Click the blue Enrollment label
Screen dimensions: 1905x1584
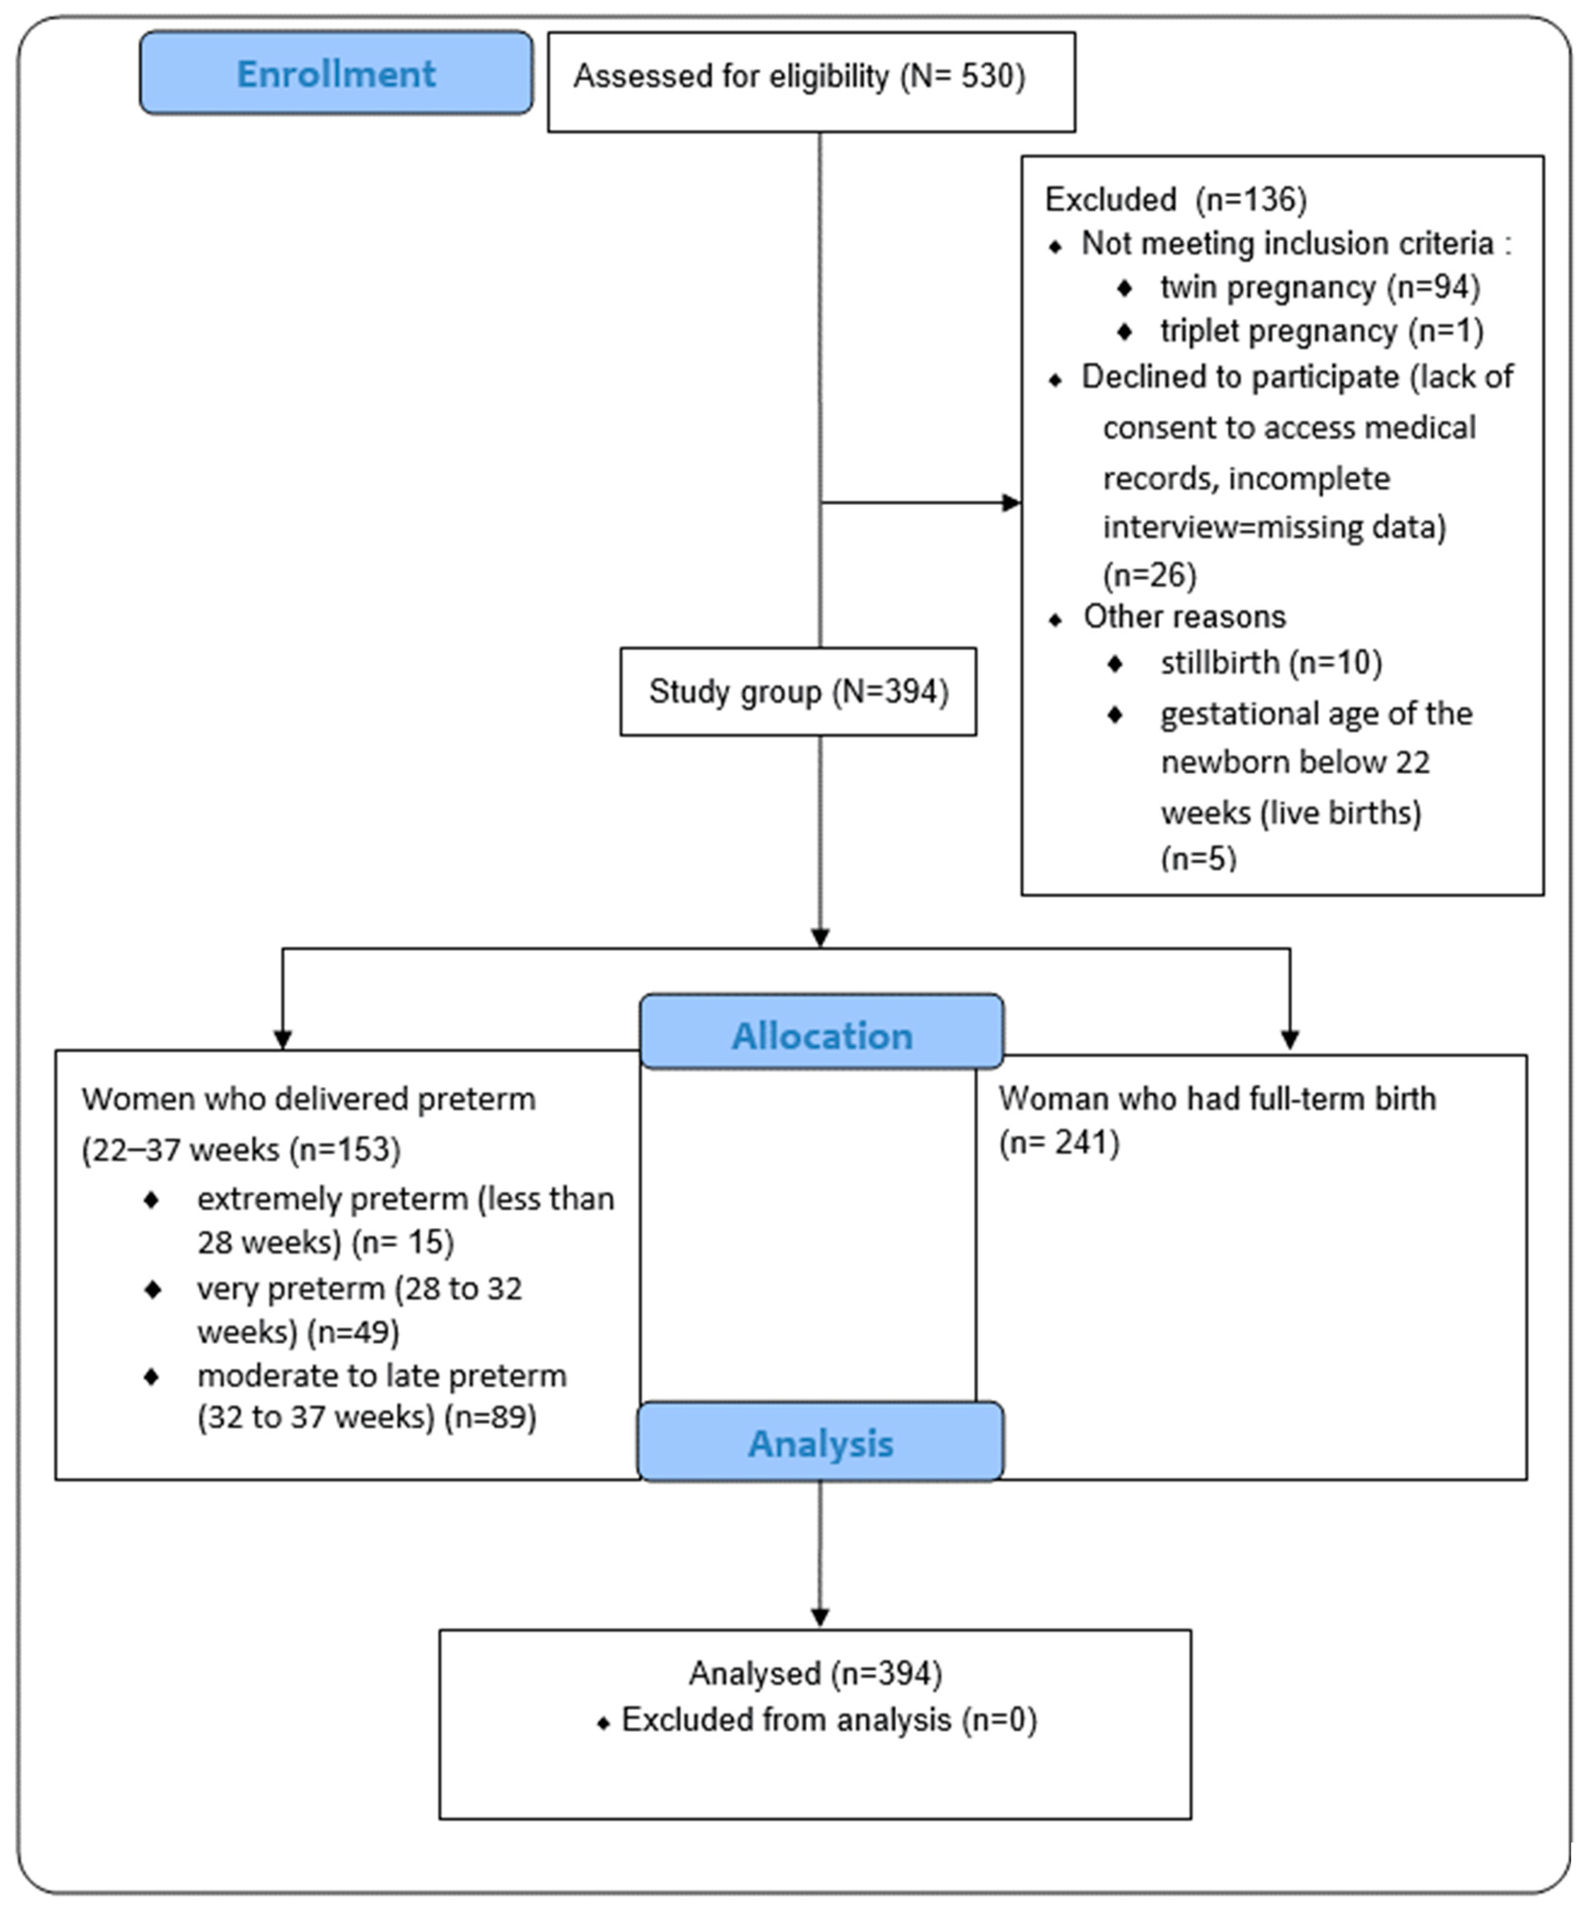coord(336,73)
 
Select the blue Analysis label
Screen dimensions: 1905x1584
coord(820,1442)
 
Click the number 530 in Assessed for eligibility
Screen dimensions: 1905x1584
coord(989,76)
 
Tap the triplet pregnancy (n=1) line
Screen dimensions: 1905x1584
coord(1321,330)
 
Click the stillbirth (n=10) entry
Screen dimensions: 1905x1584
coord(1270,662)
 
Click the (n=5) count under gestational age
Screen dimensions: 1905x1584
coord(1197,857)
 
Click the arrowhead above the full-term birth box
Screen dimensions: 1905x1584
coord(1289,1038)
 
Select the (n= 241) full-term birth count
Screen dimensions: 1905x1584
coord(1059,1142)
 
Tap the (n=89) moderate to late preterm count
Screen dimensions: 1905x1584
coord(490,1416)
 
